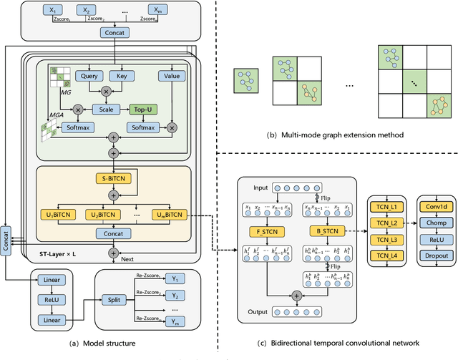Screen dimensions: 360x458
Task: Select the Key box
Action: point(122,76)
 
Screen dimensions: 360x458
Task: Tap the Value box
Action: point(172,76)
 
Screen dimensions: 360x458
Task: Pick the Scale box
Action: point(107,110)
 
